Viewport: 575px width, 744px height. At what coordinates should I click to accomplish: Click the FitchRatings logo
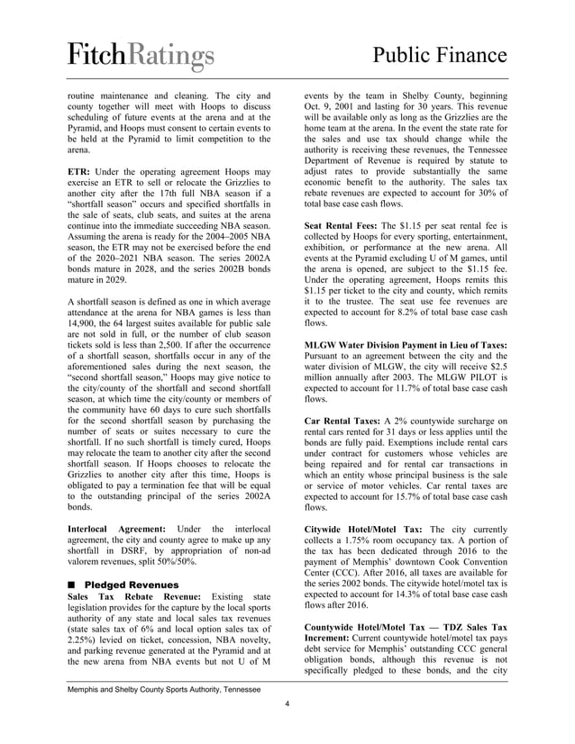pos(141,56)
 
